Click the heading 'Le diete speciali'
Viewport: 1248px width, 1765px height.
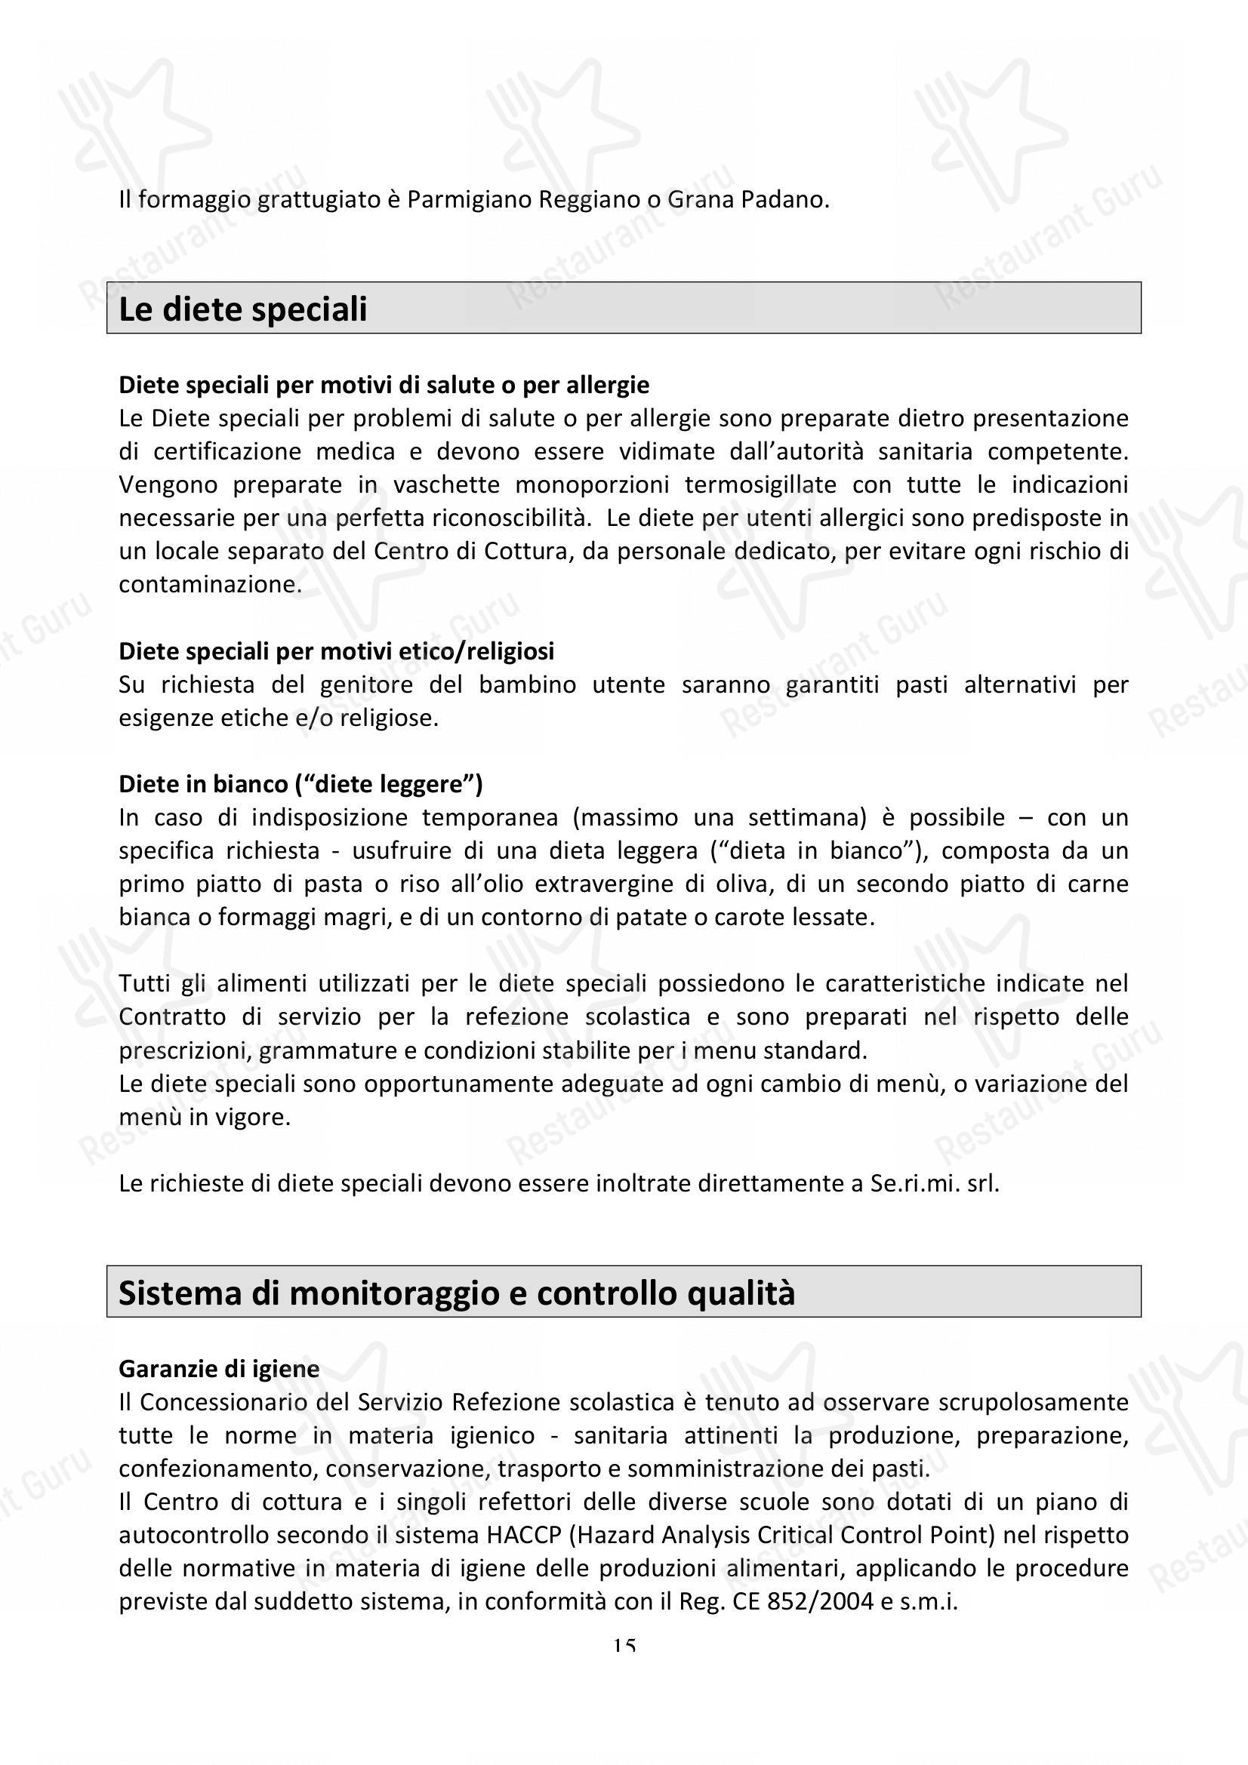(242, 309)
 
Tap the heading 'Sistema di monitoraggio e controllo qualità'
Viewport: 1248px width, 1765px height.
(456, 1293)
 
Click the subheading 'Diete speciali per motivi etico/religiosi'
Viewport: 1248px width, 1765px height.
(336, 651)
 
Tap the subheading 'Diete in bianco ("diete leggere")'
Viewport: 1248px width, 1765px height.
(300, 784)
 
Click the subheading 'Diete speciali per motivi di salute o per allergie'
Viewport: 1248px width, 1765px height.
(384, 384)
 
